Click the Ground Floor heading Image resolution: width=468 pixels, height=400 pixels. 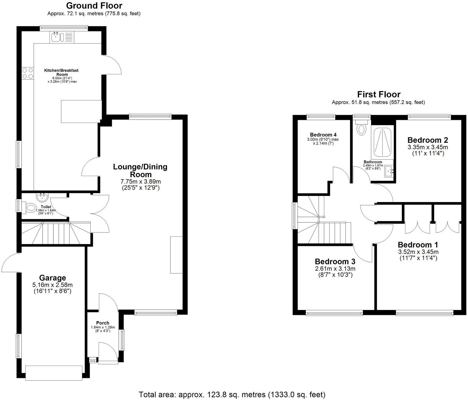click(94, 5)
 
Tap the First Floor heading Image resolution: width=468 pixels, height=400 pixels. click(378, 94)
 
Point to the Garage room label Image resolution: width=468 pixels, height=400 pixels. click(53, 278)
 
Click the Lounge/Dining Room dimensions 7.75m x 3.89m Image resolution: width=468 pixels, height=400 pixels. click(141, 182)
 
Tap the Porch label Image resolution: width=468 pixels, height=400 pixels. click(103, 323)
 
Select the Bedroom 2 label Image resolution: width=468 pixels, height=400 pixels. click(427, 140)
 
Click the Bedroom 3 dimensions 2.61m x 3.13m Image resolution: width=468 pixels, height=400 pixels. click(335, 269)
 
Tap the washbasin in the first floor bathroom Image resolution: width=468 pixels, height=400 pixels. click(389, 171)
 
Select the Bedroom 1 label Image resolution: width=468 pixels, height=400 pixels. click(418, 245)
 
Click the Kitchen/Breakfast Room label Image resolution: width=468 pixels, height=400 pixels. click(61, 72)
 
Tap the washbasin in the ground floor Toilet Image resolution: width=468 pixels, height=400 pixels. click(42, 197)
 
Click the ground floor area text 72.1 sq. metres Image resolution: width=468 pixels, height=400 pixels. click(94, 13)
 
